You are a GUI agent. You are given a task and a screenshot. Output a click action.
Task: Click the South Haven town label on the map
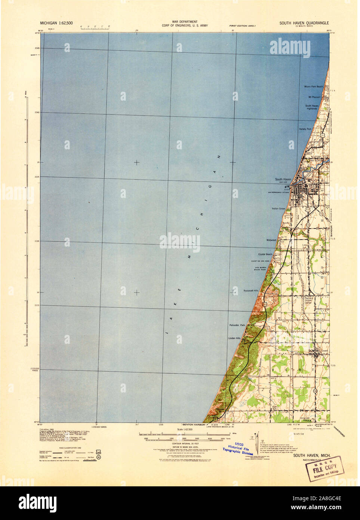tap(283, 179)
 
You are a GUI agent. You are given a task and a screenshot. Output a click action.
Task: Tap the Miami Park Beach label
tap(313, 86)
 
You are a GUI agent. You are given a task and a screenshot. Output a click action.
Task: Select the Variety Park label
tap(305, 129)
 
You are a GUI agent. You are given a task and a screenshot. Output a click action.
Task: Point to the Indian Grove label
tap(278, 208)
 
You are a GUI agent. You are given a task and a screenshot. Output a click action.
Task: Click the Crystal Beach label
tap(265, 254)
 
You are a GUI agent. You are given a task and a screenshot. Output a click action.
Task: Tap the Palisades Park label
tap(237, 325)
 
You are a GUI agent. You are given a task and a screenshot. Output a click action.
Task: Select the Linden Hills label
tap(234, 338)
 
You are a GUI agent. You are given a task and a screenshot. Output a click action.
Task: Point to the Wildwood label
tap(271, 240)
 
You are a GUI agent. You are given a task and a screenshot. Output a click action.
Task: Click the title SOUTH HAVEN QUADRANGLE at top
tap(304, 23)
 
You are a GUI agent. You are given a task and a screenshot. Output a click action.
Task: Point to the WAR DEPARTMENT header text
tap(185, 22)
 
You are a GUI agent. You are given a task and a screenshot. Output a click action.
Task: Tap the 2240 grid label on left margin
tap(37, 112)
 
